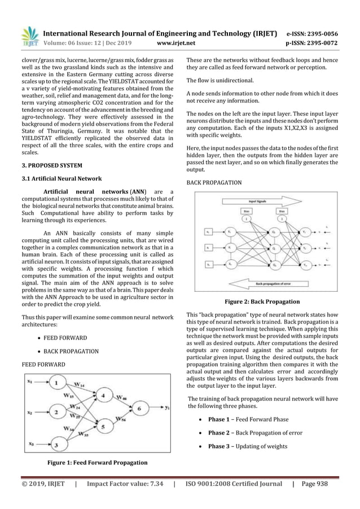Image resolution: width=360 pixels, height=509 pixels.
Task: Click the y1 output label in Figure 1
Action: tap(167, 423)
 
